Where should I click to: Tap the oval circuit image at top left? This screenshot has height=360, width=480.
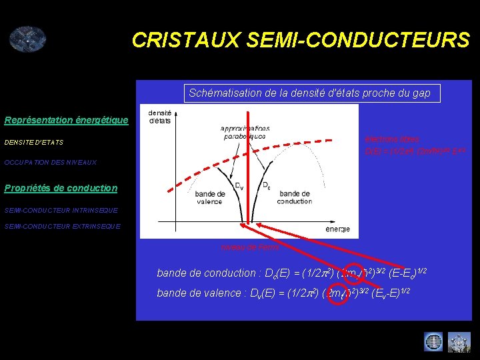coord(27,39)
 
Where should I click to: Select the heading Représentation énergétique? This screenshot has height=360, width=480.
coord(66,120)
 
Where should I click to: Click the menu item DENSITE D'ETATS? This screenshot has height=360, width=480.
coord(34,142)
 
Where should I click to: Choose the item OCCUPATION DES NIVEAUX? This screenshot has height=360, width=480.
coord(51,162)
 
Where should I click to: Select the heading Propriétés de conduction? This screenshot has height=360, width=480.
coord(61,188)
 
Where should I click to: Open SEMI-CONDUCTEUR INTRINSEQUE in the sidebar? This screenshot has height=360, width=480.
coord(61,210)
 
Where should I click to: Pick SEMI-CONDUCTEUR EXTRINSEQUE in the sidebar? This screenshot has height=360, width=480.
coord(63,226)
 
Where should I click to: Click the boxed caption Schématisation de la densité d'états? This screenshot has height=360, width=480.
coord(309,93)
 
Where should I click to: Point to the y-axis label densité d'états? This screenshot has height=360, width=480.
coord(159,117)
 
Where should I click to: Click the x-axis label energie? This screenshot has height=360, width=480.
coord(337,229)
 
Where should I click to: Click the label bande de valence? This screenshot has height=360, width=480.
coord(210,197)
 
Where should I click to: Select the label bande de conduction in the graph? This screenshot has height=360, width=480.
coord(294,197)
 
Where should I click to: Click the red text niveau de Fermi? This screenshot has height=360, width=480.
coord(250,247)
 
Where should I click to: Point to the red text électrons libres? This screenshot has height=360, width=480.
coord(392,139)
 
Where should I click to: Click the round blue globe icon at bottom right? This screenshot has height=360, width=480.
coord(433,342)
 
